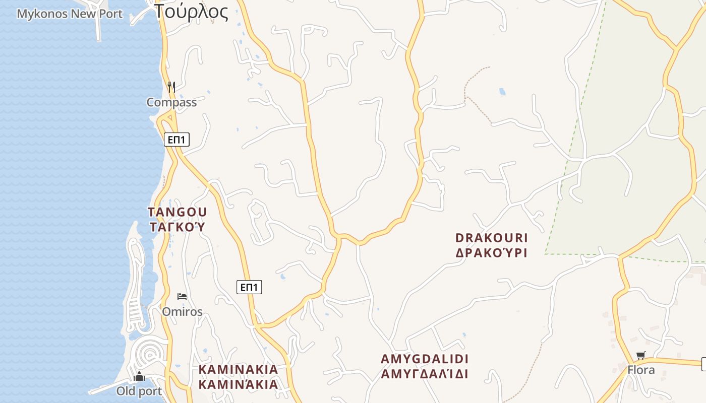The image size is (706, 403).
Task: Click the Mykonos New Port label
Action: coord(70,14)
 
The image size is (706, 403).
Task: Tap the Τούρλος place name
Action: coord(192,12)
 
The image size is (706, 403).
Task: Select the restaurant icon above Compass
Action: coord(171,87)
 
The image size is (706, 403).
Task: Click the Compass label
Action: coord(171,102)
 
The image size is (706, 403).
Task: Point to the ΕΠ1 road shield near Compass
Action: coord(177,140)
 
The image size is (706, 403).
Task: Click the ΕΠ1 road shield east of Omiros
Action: coord(249,287)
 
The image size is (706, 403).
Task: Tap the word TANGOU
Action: coord(177,212)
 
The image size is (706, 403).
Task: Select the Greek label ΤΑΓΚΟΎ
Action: coord(177,227)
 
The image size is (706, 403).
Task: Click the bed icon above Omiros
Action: coord(182,296)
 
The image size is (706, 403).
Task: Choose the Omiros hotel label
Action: coord(182,312)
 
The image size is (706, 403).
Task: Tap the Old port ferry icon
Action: coord(139,376)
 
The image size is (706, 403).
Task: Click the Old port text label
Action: coord(139,391)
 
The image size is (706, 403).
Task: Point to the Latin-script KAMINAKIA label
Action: coord(238,369)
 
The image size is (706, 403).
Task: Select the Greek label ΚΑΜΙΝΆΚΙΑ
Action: coord(238,384)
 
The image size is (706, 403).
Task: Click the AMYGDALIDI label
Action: coord(425,359)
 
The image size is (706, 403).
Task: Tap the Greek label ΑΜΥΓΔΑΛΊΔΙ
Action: coord(425,374)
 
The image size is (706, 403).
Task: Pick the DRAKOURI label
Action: coord(491,238)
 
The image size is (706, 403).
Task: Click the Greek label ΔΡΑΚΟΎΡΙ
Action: coord(491,253)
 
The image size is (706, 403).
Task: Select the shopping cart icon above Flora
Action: coord(641,355)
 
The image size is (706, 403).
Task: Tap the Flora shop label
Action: coord(641,370)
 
